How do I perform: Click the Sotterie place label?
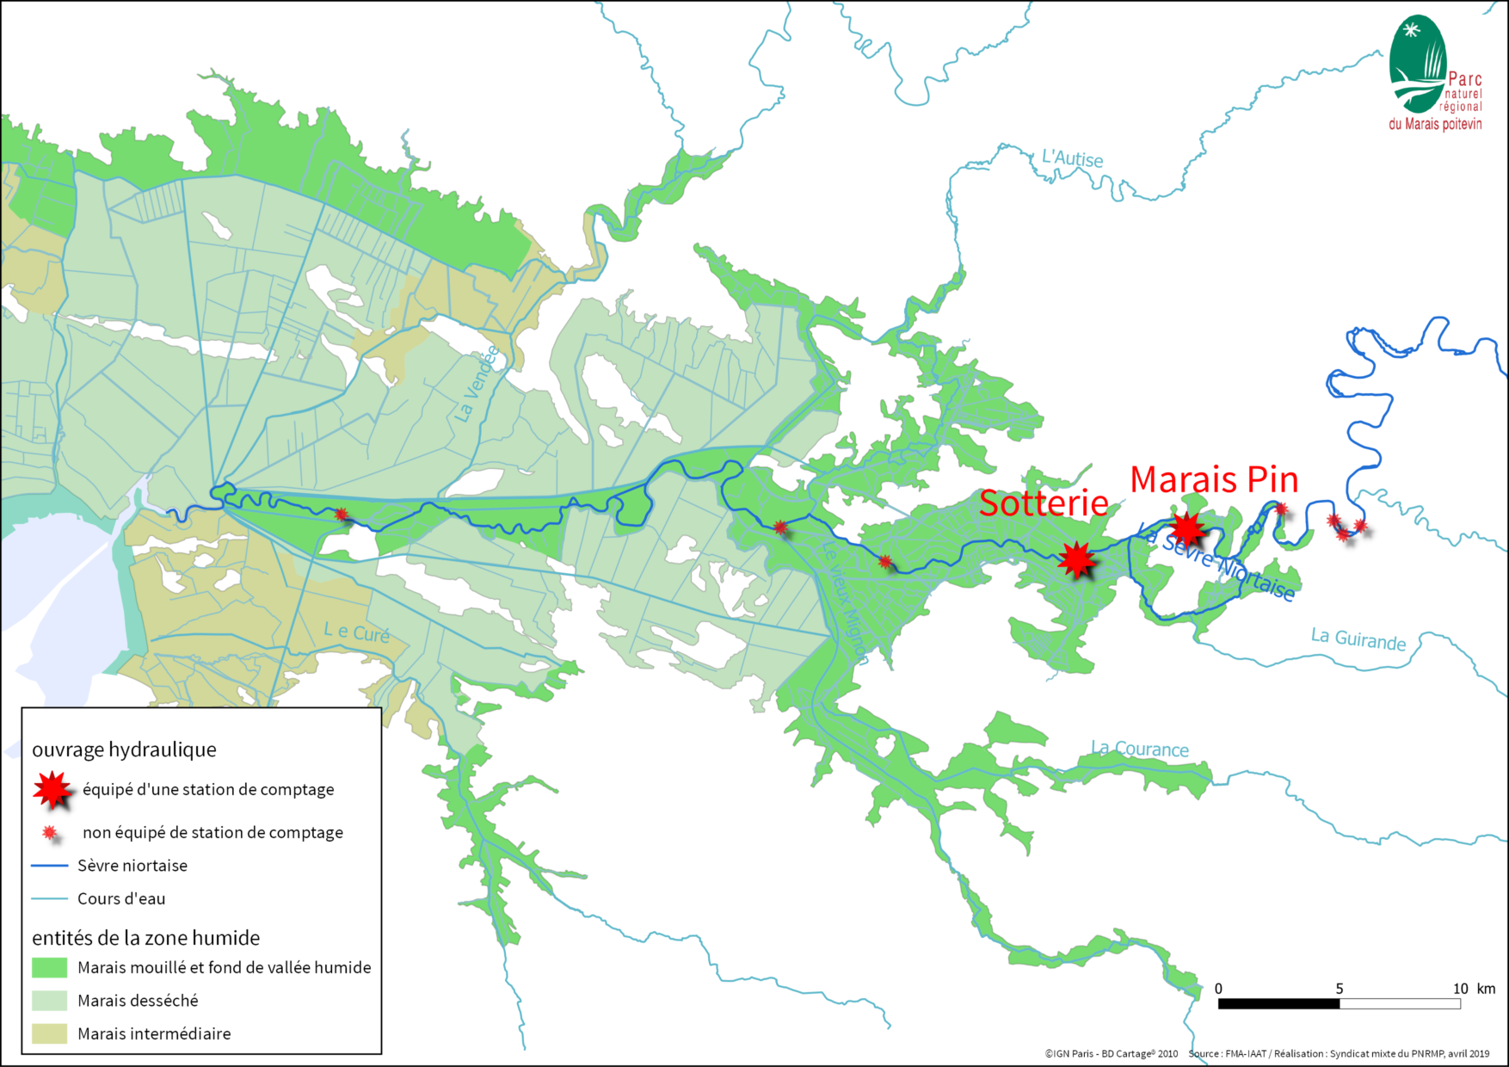tap(1044, 503)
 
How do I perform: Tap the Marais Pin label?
tap(1213, 480)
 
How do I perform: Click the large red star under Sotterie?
tap(1076, 559)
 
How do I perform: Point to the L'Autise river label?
tap(1072, 158)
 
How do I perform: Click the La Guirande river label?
tap(1358, 639)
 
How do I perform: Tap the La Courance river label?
tap(1140, 749)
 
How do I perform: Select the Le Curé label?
tap(356, 633)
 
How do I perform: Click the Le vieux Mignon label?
tap(844, 601)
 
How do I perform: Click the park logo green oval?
tap(1416, 65)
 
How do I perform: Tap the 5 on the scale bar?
tap(1339, 989)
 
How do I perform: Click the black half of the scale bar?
tap(1278, 1004)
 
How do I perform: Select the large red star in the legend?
tap(52, 789)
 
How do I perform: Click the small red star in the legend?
tap(50, 833)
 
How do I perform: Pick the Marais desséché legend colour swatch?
tap(49, 1001)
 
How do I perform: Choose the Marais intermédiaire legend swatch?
tap(49, 1033)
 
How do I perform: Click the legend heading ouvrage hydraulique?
tap(124, 749)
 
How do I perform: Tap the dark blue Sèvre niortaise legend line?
tap(49, 866)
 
